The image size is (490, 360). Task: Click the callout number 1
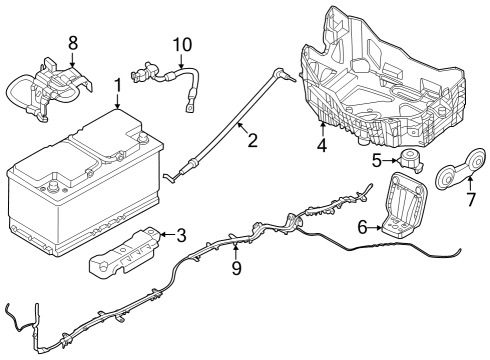pos(118,86)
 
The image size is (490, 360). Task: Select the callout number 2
pos(252,140)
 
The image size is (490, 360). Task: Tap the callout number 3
pos(180,236)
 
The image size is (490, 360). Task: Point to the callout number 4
pos(322,146)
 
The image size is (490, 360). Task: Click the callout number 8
pos(72,42)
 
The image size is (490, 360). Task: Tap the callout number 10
pos(181,45)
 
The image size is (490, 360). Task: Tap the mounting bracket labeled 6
pos(405,205)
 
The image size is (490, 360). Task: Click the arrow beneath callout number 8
pos(72,60)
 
